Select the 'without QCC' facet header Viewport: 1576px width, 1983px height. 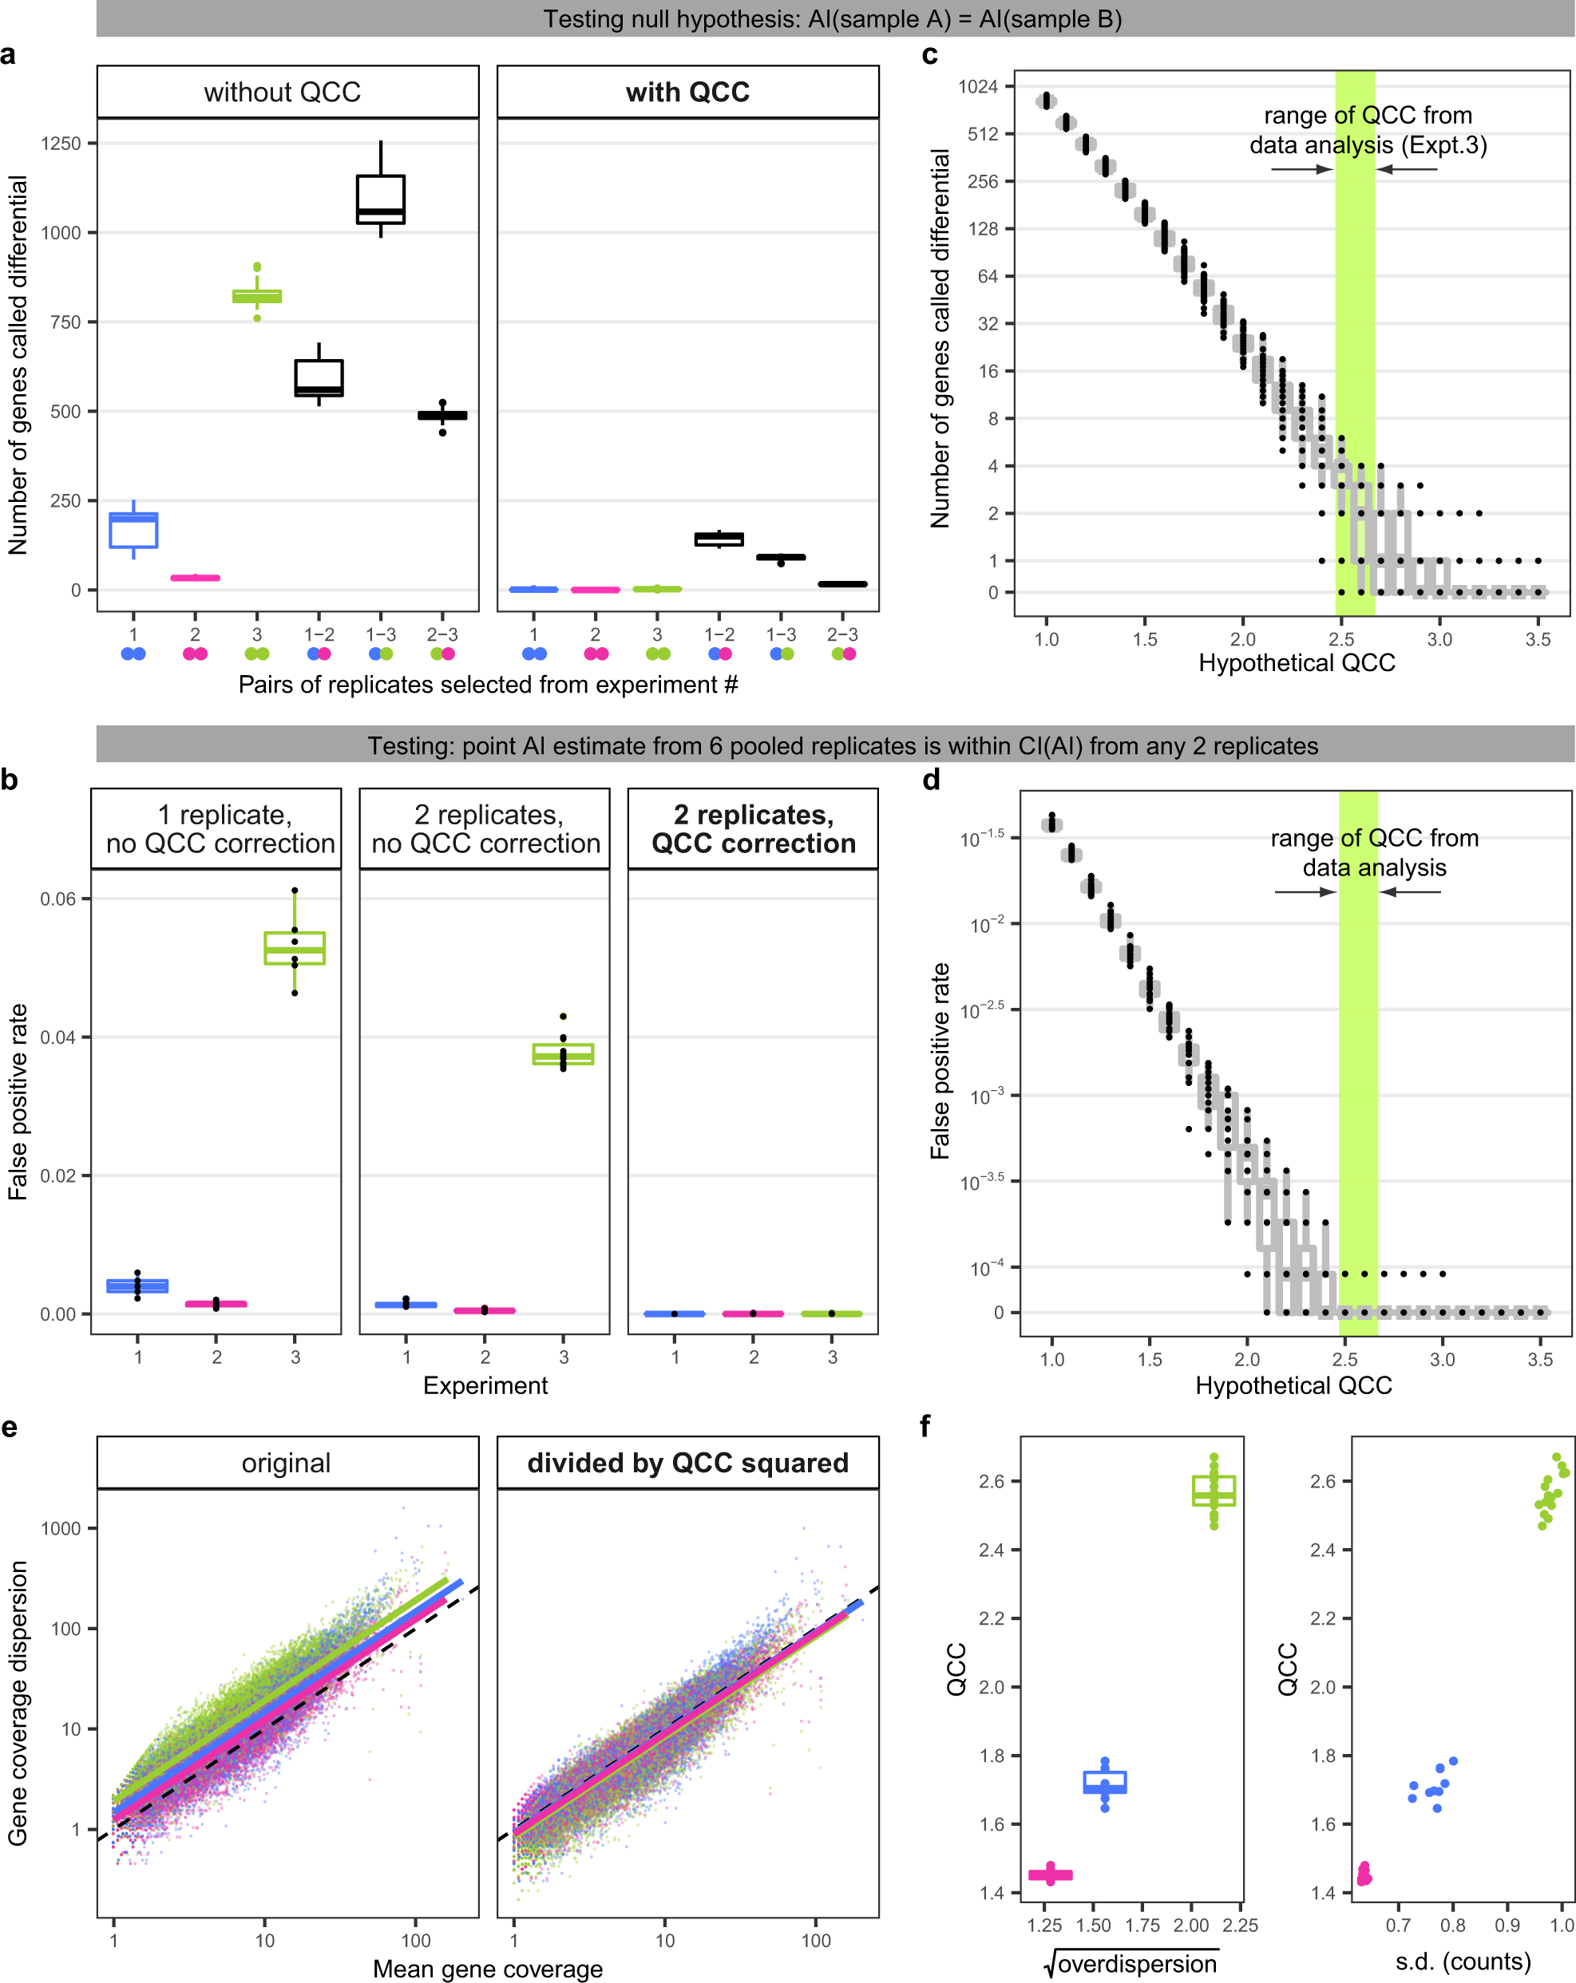[x=283, y=92]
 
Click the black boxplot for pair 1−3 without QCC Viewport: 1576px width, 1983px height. [x=381, y=199]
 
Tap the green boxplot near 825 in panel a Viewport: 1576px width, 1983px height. [x=257, y=296]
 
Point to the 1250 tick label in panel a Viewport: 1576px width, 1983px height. [x=61, y=144]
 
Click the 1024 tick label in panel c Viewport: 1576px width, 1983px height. [x=977, y=86]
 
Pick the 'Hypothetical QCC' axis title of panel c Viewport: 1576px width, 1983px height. [x=1297, y=663]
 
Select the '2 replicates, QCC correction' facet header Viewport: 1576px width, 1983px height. [x=754, y=828]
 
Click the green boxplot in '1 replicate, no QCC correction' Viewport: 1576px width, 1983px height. [x=295, y=947]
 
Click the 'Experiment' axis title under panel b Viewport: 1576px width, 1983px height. [x=485, y=1385]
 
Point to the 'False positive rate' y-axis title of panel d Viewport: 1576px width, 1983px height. [x=940, y=1061]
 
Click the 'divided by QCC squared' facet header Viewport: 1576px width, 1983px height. [x=687, y=1463]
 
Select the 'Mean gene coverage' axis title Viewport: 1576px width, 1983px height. [x=488, y=1969]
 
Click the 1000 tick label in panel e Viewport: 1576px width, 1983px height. [x=61, y=1529]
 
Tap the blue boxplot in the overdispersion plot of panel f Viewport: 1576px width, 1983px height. [x=1105, y=1783]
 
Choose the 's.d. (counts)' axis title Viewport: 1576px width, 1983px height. [x=1463, y=1961]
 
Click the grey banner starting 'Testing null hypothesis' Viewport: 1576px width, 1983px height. [x=834, y=18]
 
